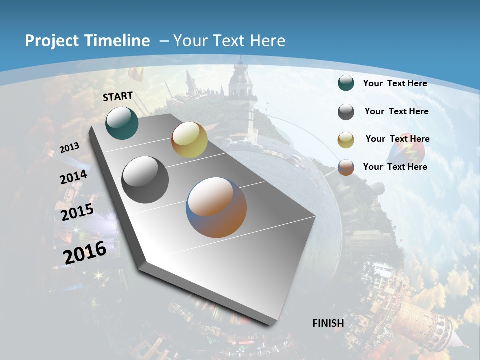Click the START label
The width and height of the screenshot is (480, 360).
click(x=118, y=96)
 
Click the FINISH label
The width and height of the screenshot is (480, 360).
click(x=328, y=323)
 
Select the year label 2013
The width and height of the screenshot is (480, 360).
click(x=69, y=147)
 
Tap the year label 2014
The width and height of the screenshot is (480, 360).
click(x=73, y=177)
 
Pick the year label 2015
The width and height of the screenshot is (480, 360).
click(x=77, y=212)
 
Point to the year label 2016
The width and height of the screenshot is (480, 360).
click(x=85, y=252)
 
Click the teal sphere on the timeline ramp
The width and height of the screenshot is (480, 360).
click(x=122, y=123)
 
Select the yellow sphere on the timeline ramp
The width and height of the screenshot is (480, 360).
click(x=189, y=140)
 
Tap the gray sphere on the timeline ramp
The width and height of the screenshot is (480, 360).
click(x=145, y=180)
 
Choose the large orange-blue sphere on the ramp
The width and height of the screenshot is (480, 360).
click(x=216, y=207)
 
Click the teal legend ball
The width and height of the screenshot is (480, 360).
click(x=346, y=83)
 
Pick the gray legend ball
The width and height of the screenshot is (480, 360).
click(x=346, y=112)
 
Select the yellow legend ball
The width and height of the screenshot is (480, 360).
click(x=346, y=140)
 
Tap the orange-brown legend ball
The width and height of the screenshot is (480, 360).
click(x=346, y=167)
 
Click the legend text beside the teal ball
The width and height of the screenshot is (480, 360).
click(x=395, y=83)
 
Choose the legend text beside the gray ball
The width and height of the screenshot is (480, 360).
click(x=396, y=111)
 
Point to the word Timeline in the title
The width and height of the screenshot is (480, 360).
click(x=119, y=41)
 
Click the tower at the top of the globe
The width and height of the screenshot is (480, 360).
click(x=240, y=95)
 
